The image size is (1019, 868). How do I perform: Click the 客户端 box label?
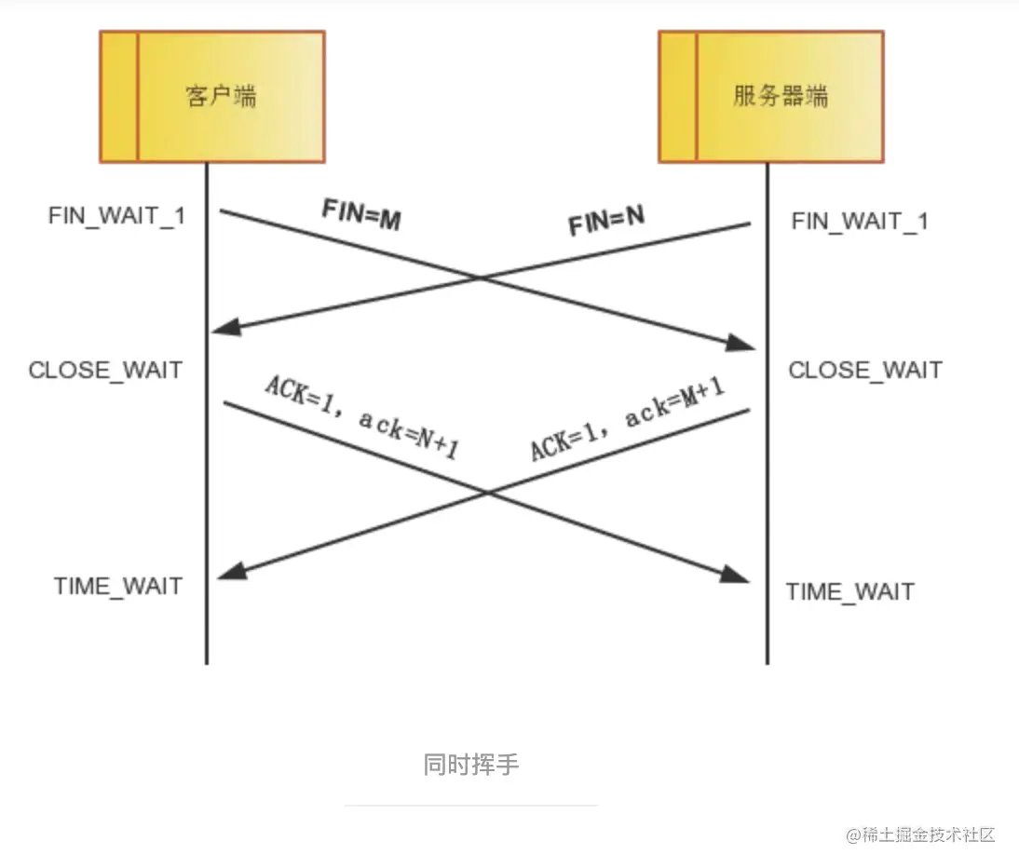222,96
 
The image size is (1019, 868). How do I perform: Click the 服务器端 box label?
781,96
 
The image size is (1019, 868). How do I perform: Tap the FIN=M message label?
360,214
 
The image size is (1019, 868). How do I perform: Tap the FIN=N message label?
606,222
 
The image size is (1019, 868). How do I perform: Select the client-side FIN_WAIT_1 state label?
117,215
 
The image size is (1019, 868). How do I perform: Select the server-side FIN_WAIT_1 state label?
860,222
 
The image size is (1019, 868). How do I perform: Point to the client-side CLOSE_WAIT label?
105,370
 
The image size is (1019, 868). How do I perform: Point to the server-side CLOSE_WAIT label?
865,370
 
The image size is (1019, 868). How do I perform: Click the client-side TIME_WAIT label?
118,586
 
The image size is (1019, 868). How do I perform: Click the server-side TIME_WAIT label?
850,591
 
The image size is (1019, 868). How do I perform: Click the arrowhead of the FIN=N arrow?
225,328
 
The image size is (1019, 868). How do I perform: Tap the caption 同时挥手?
471,765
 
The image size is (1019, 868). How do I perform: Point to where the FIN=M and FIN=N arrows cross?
481,278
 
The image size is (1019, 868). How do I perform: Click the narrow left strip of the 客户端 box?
119,96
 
